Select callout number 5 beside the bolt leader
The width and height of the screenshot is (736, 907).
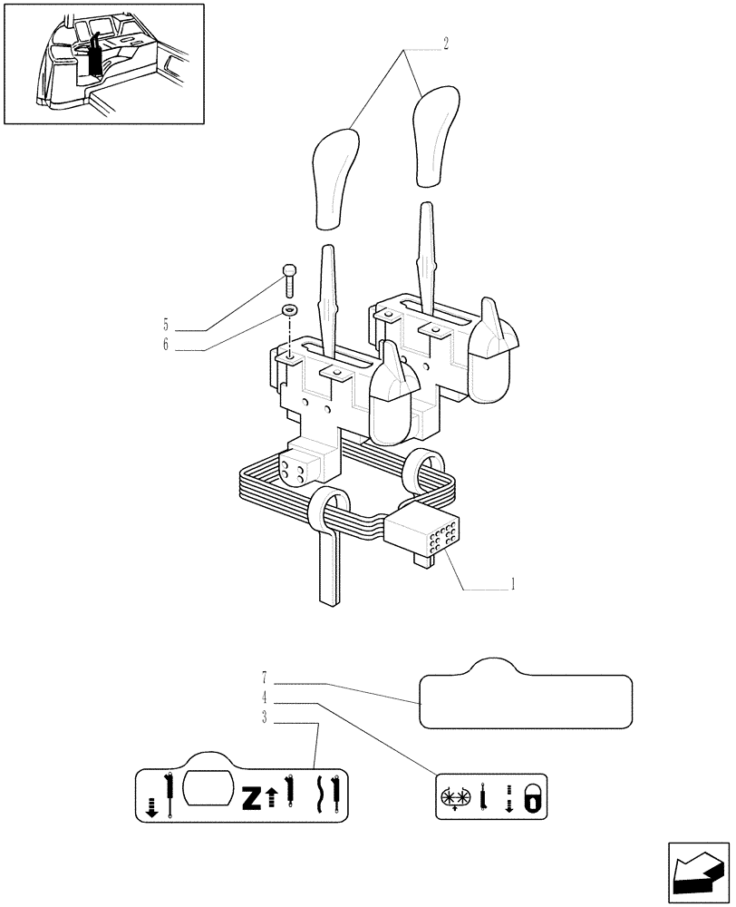166,324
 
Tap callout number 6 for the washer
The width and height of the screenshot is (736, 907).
166,345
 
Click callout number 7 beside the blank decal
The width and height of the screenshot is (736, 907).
264,678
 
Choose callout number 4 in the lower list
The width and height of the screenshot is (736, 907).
264,698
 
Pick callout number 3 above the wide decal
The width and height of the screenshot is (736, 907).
264,719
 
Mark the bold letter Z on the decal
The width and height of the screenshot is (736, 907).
251,798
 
